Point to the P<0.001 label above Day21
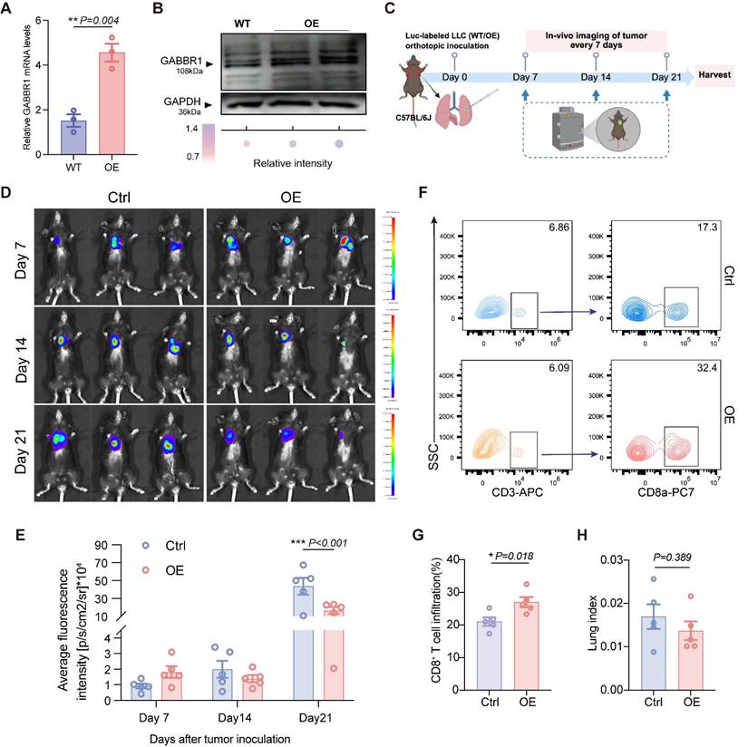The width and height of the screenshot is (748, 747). [314, 543]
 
